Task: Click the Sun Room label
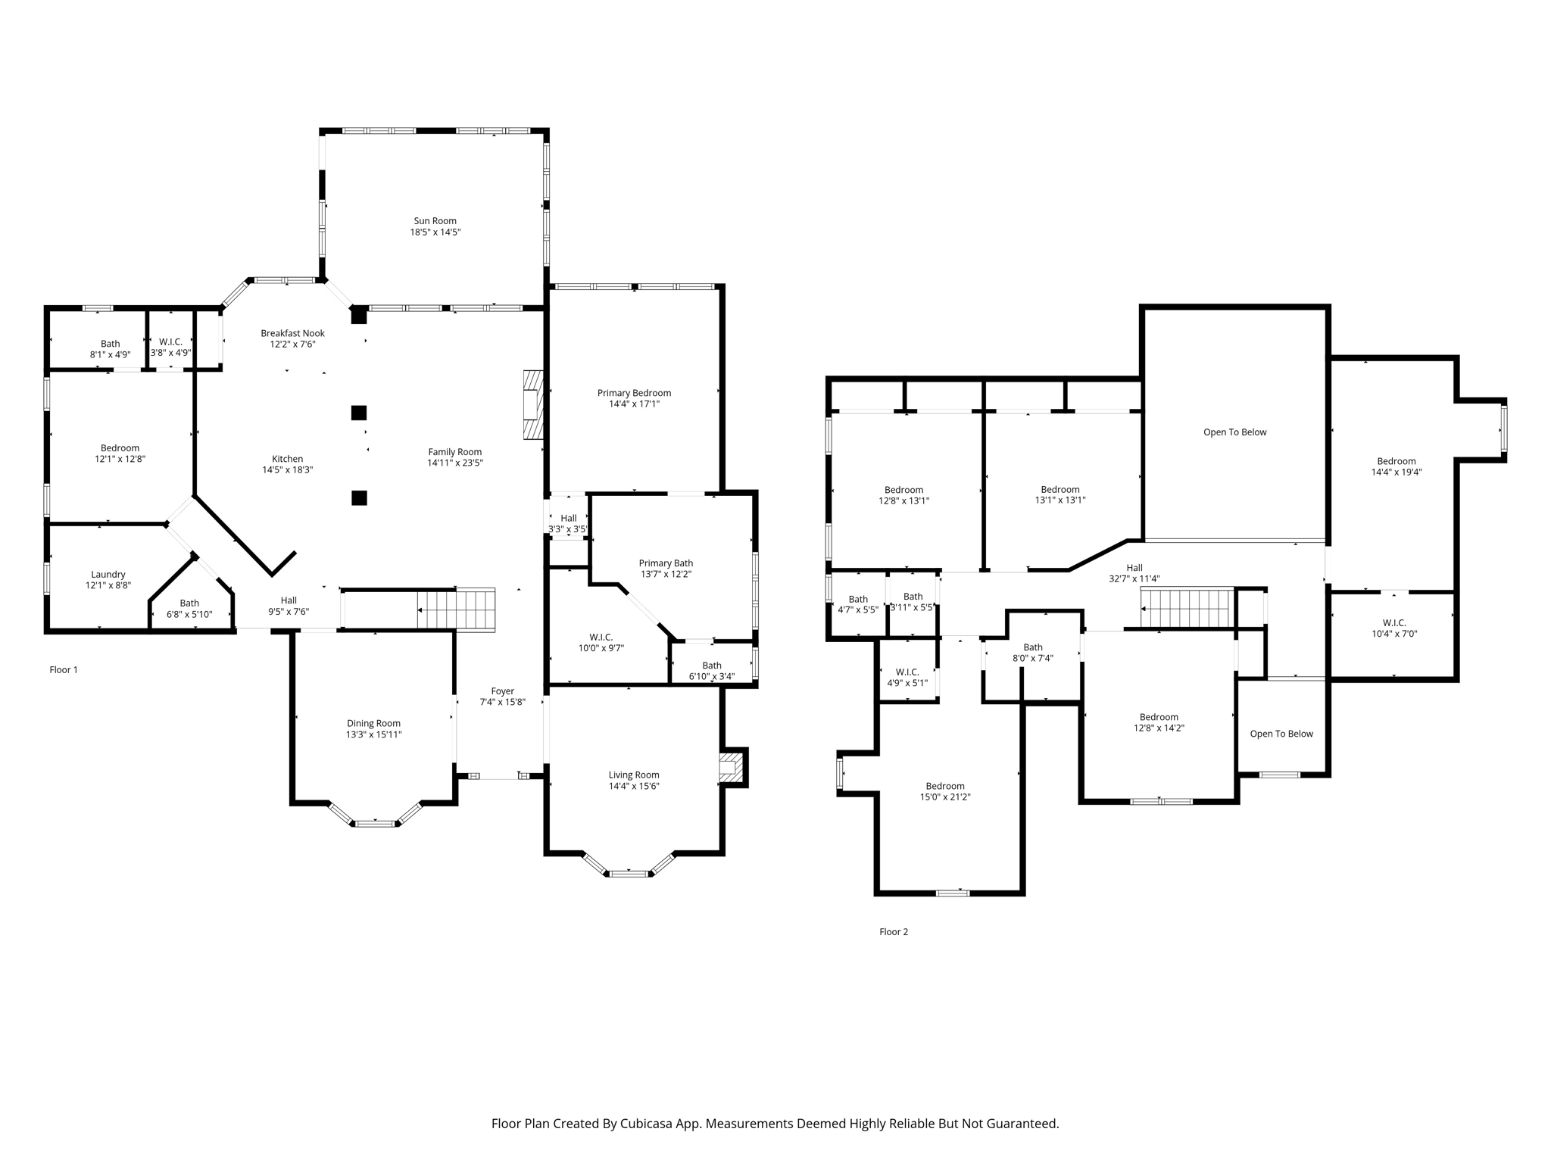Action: point(435,221)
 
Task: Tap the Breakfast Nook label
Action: point(292,333)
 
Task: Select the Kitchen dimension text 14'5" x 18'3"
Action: point(288,469)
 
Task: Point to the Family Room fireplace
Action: point(534,404)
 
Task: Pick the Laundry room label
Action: point(108,575)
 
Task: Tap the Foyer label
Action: point(503,691)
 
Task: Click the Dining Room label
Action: point(374,723)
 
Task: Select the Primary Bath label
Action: point(666,563)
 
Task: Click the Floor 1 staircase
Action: point(457,610)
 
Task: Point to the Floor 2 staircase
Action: point(1187,607)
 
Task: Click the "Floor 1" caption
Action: point(64,669)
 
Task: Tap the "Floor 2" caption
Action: point(894,931)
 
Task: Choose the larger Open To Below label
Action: point(1235,432)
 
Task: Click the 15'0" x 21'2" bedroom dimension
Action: point(945,797)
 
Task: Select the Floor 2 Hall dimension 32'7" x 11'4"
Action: point(1134,578)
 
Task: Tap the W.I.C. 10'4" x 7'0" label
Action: point(1394,628)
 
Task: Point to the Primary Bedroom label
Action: point(634,393)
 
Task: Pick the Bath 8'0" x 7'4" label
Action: point(1033,653)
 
